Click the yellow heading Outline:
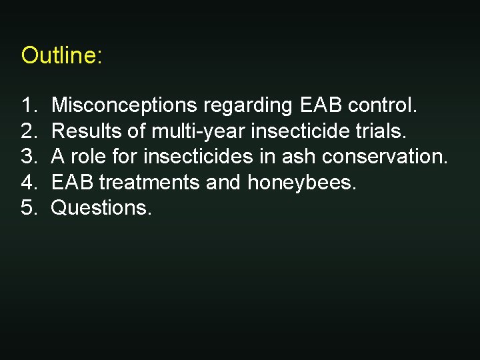[x=61, y=55]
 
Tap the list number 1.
[x=29, y=105]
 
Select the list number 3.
[x=29, y=157]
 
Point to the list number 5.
[x=29, y=208]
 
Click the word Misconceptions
[x=124, y=105]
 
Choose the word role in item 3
[x=85, y=157]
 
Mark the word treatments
[x=150, y=182]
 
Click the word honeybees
[x=302, y=183]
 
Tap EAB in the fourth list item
[x=73, y=182]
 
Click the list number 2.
[x=29, y=131]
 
